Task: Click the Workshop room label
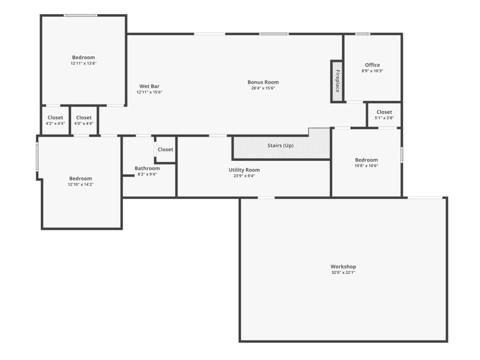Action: click(343, 267)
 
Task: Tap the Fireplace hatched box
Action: click(337, 81)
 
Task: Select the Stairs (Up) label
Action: click(280, 145)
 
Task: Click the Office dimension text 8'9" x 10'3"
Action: click(372, 71)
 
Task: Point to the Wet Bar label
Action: click(150, 86)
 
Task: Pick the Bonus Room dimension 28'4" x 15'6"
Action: click(263, 88)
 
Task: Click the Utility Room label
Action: click(244, 170)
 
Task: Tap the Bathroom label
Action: click(147, 168)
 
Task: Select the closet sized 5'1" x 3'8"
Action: click(384, 115)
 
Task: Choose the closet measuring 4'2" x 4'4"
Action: click(55, 120)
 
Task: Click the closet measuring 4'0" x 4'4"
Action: click(84, 120)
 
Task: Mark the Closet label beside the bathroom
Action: click(165, 150)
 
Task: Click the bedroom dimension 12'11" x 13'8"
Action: click(83, 63)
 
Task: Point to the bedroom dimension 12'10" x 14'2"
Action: click(81, 185)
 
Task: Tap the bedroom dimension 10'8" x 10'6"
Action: click(367, 166)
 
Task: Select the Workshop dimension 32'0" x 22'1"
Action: click(343, 272)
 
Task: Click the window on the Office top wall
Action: click(363, 34)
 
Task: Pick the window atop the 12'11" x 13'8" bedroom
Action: click(81, 15)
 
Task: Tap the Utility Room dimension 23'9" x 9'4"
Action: click(244, 176)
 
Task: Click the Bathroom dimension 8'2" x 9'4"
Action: click(147, 174)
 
